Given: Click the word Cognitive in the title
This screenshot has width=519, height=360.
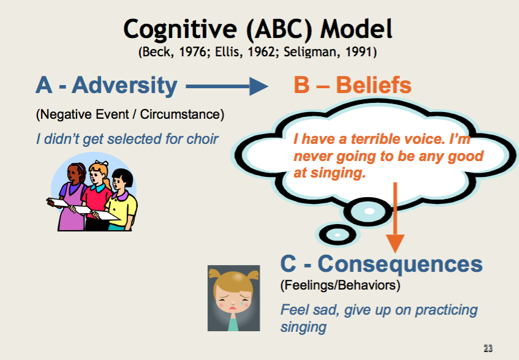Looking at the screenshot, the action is point(180,29).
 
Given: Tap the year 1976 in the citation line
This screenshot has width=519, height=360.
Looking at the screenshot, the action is point(192,52).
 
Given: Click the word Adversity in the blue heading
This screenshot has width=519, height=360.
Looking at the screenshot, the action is point(124,86).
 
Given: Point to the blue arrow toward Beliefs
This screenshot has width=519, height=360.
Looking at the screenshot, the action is point(227,86).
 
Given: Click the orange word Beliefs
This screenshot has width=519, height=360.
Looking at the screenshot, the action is point(374,85).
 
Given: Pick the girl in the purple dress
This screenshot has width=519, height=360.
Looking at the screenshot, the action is point(71,198).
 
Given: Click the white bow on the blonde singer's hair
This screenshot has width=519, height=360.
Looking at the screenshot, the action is point(102,163).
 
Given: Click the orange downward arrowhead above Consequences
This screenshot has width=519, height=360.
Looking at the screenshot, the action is point(395,243).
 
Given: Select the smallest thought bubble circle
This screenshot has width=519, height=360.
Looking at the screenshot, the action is point(337,234).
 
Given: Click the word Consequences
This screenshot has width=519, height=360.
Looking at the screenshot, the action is point(400,264).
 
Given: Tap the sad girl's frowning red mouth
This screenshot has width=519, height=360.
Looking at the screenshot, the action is point(233,309).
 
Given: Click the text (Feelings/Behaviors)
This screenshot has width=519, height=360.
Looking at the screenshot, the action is point(340,285).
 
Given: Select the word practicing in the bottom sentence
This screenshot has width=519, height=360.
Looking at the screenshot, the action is point(446,310).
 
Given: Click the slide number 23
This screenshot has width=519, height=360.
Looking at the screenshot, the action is point(488,348).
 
